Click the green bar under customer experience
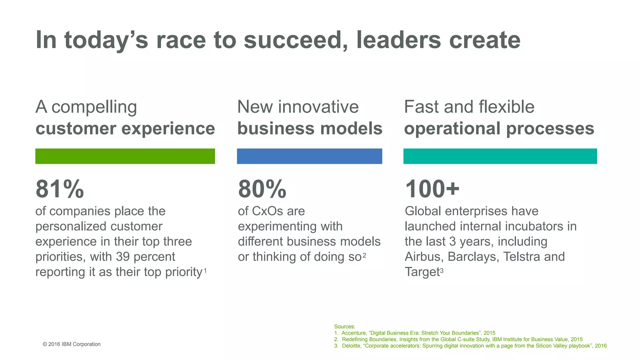pos(125,156)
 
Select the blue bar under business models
pos(309,156)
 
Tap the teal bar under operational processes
pos(500,156)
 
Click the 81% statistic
pos(60,189)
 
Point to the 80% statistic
pos(262,189)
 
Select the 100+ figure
pos(432,189)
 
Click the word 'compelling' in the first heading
pos(94,107)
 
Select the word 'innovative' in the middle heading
pos(318,107)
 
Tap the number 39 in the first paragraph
pos(123,257)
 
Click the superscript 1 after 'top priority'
pos(205,271)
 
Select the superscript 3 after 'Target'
pos(442,271)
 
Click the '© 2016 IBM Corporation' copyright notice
pos(72,344)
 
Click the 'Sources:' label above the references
pos(344,327)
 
